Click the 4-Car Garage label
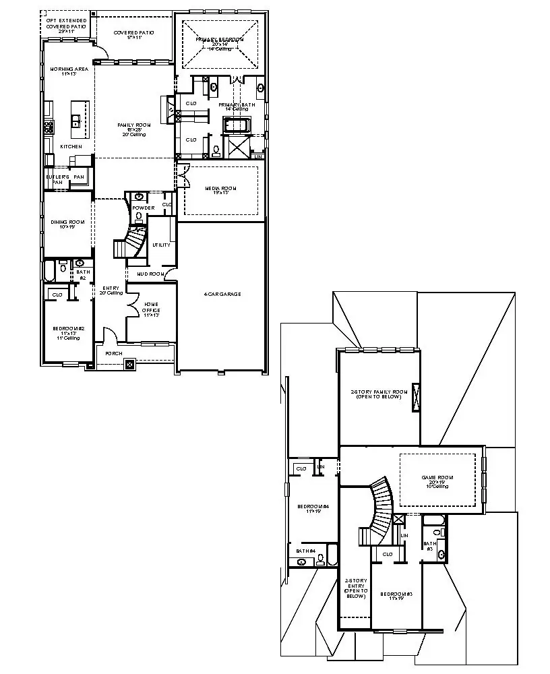point(222,294)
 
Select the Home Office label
point(152,309)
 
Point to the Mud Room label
point(151,274)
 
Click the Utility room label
point(161,245)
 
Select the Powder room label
point(144,208)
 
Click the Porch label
point(113,353)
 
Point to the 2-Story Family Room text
point(379,394)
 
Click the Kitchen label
point(71,146)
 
